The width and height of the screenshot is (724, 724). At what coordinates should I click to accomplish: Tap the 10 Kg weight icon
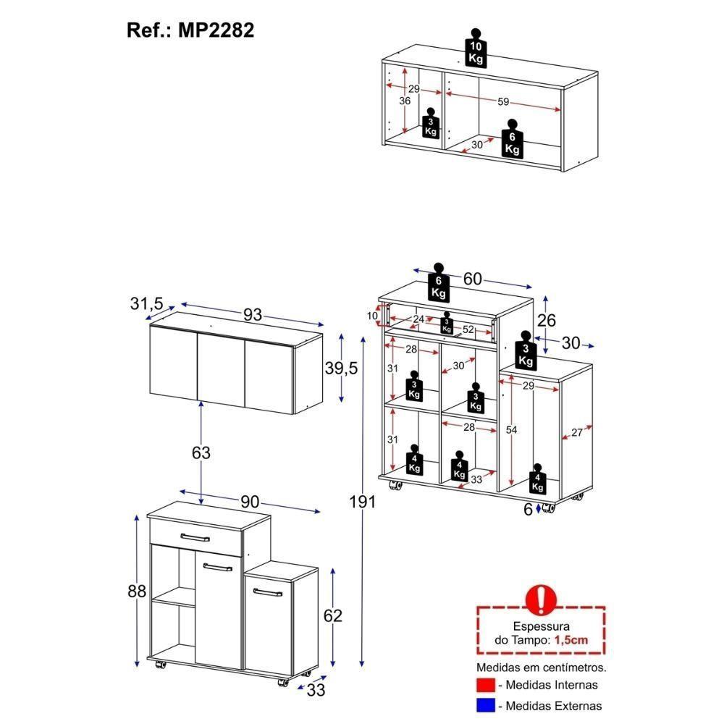point(476,49)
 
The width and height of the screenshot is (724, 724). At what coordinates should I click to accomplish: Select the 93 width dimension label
point(253,316)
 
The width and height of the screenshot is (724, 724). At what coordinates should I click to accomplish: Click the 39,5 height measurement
point(340,369)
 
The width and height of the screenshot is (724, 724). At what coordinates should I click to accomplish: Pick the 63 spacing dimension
point(201,452)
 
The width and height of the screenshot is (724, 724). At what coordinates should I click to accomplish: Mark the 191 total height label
point(361,502)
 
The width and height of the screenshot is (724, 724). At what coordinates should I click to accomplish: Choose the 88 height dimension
point(136,590)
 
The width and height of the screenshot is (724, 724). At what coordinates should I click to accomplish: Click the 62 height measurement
point(332,616)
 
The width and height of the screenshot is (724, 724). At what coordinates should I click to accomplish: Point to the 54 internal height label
point(512,430)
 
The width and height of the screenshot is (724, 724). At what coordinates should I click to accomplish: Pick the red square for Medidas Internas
point(486,684)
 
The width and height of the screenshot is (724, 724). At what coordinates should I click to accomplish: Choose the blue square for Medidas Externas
point(486,705)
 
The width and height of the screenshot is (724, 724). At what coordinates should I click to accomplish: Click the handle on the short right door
point(267,593)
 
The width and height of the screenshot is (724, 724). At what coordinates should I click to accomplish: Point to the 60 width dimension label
point(472,279)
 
